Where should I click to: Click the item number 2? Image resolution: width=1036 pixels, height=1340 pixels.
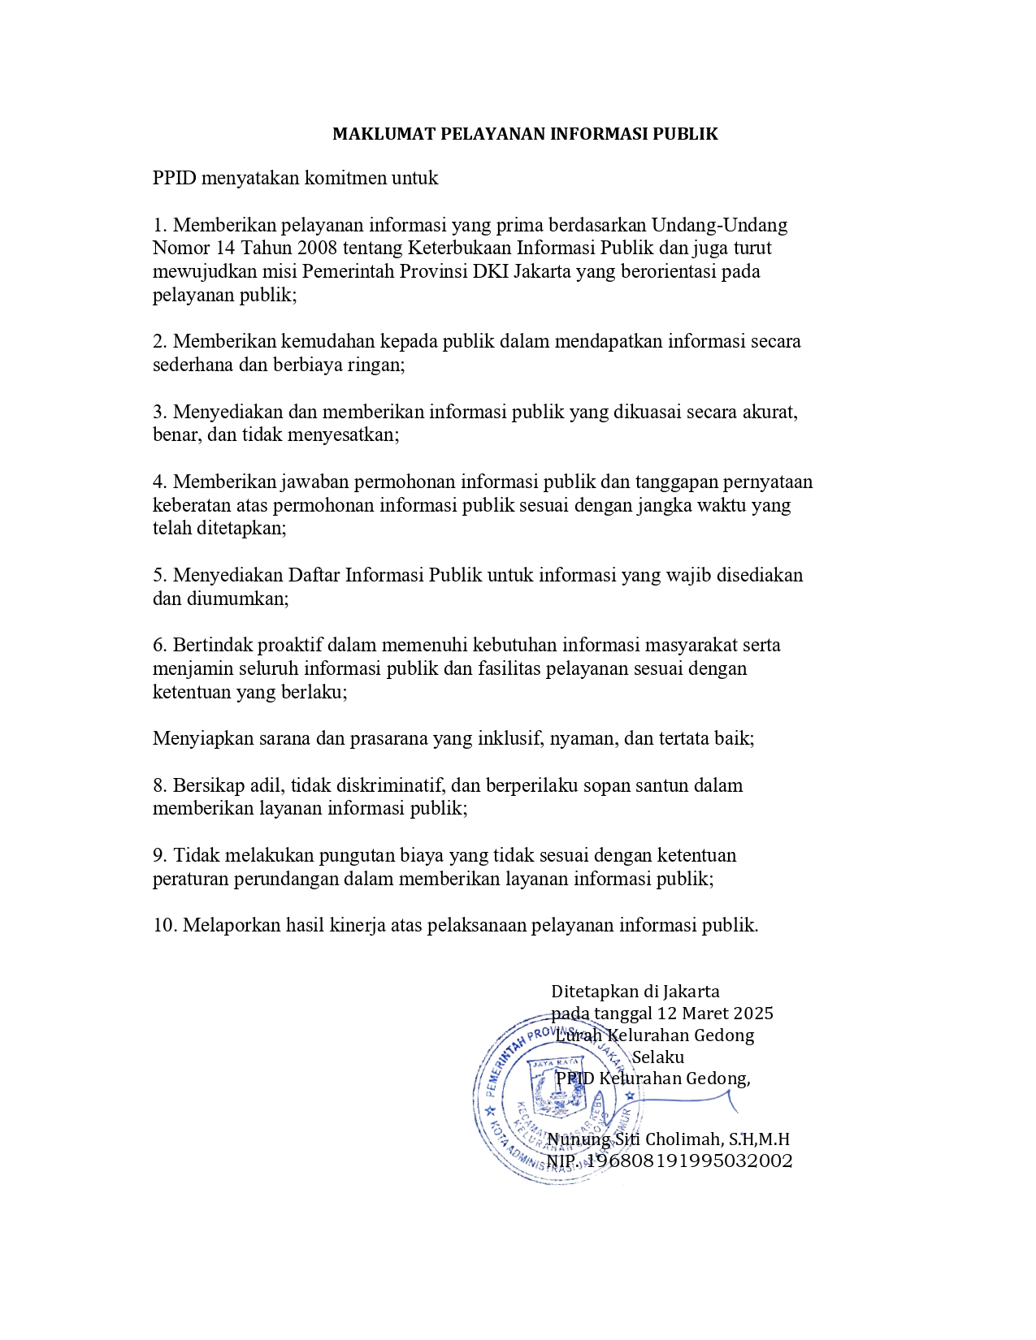160,341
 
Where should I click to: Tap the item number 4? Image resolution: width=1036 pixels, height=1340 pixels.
160,482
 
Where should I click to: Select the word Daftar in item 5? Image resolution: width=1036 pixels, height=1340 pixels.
314,576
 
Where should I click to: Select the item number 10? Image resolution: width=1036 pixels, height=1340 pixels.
165,926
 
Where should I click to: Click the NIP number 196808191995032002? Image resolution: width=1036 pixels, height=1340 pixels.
689,1161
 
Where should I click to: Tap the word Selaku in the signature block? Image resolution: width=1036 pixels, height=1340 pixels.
658,1057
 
